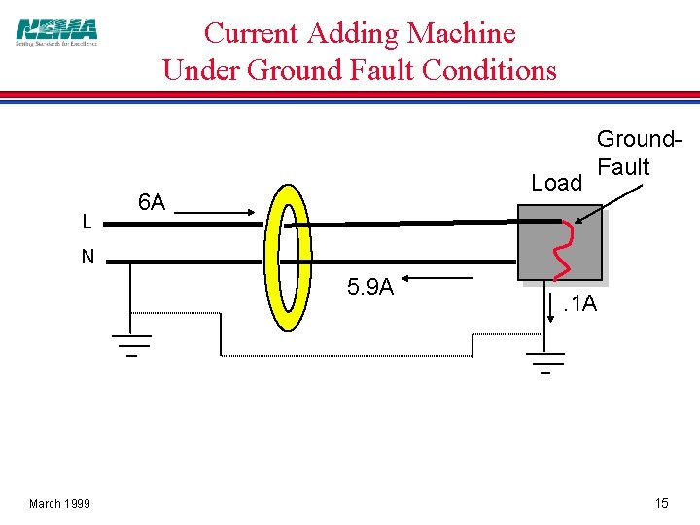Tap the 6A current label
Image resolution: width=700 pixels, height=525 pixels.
(x=151, y=203)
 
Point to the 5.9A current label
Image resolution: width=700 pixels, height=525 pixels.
(x=370, y=287)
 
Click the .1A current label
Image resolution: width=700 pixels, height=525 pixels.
(x=581, y=307)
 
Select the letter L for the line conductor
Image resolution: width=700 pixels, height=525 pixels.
(x=87, y=223)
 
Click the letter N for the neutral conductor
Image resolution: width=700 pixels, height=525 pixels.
(x=87, y=258)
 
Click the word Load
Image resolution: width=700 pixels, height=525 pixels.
(x=556, y=184)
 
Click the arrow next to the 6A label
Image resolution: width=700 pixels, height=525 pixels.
(x=219, y=211)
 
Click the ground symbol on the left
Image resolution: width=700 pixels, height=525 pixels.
(x=130, y=343)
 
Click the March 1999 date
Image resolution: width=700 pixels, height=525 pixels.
(x=59, y=503)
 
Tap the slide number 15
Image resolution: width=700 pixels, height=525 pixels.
(x=661, y=503)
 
